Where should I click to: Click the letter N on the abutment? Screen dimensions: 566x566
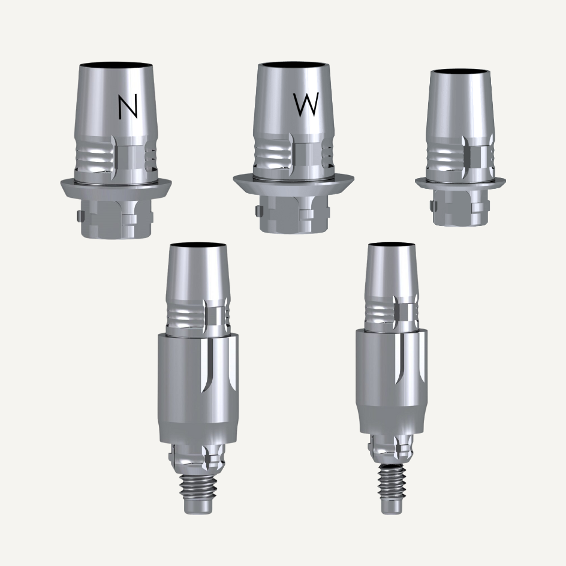tap(128, 107)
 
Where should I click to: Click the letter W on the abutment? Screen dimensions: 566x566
tap(306, 105)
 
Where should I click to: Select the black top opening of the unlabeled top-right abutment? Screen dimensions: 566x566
tap(462, 71)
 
